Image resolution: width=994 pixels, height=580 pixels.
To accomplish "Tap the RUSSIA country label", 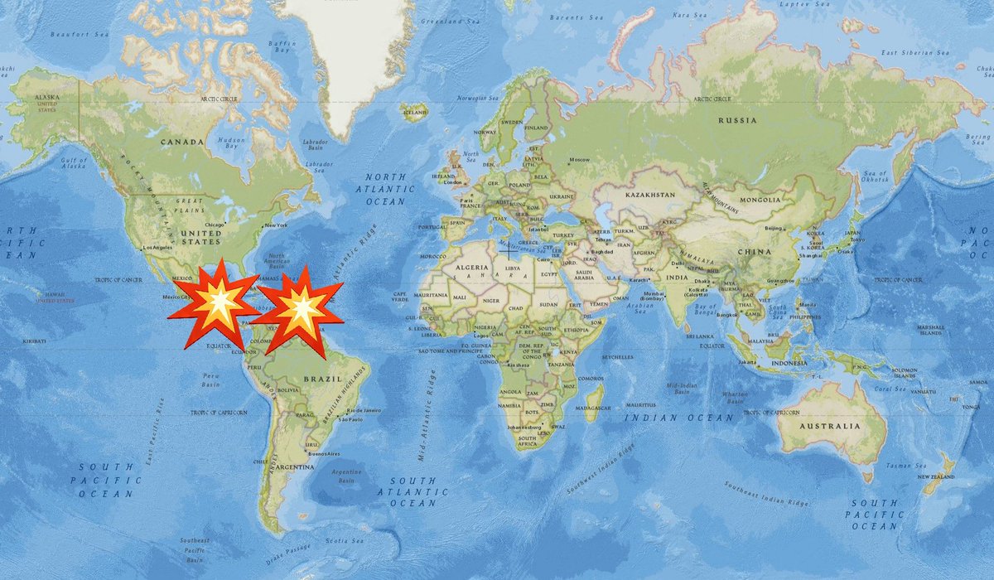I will pyautogui.click(x=737, y=120).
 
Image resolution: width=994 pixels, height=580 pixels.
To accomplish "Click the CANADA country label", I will pyautogui.click(x=182, y=142).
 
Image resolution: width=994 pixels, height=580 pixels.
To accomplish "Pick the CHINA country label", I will pyautogui.click(x=757, y=252).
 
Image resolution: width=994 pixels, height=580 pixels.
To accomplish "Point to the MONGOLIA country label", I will pyautogui.click(x=760, y=200).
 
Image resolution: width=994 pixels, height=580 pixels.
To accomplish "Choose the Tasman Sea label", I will pyautogui.click(x=899, y=465).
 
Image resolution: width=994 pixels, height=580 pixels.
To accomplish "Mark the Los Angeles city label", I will pyautogui.click(x=160, y=248).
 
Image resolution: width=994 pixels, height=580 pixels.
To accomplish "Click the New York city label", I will pyautogui.click(x=275, y=225).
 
